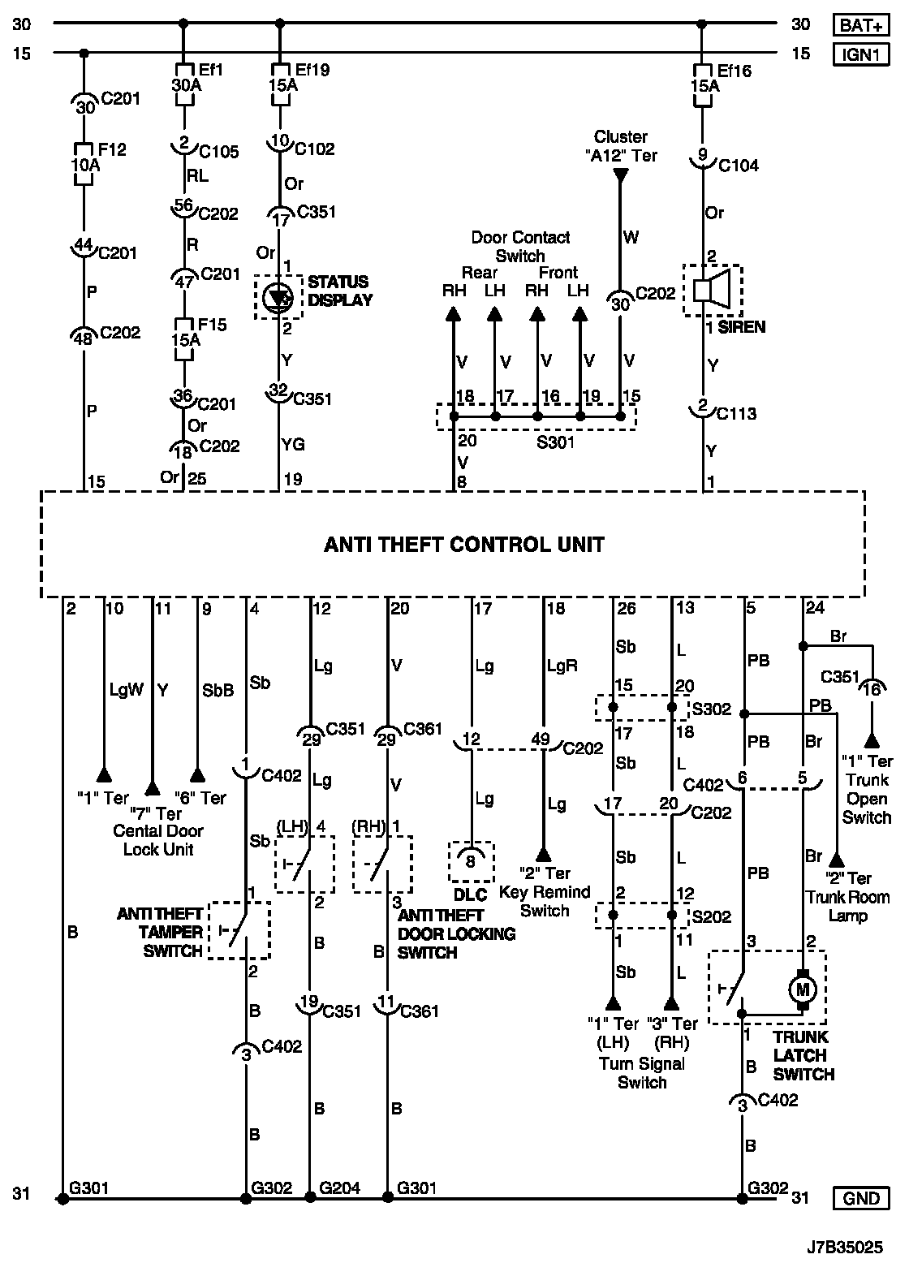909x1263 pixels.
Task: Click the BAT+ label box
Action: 861,25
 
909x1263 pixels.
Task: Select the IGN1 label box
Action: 861,54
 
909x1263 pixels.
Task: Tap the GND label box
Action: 861,1197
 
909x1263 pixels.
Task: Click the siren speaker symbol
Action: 712,289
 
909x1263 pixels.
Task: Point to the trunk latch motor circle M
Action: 803,989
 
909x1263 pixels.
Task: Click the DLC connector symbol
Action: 471,861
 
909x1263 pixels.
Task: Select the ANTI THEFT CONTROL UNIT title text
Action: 463,544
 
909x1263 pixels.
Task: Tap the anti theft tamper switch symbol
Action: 239,929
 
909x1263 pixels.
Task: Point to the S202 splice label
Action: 711,916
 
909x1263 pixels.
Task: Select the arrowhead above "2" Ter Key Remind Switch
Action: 543,854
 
